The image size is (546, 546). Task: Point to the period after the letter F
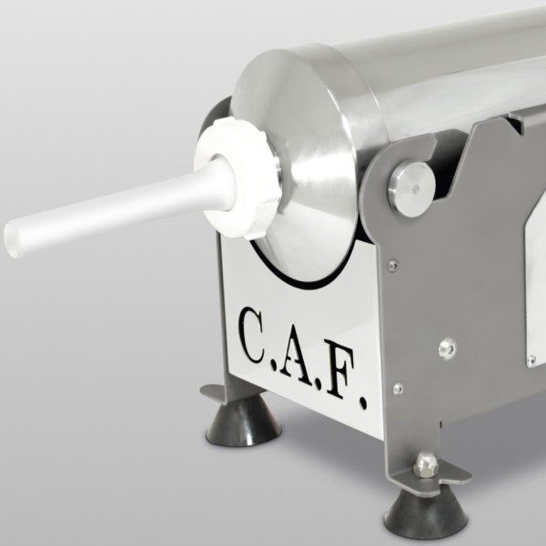point(362,404)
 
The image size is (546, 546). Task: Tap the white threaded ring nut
point(237,177)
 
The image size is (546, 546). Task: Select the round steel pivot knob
point(412,188)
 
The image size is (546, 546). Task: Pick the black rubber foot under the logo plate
point(243,422)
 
